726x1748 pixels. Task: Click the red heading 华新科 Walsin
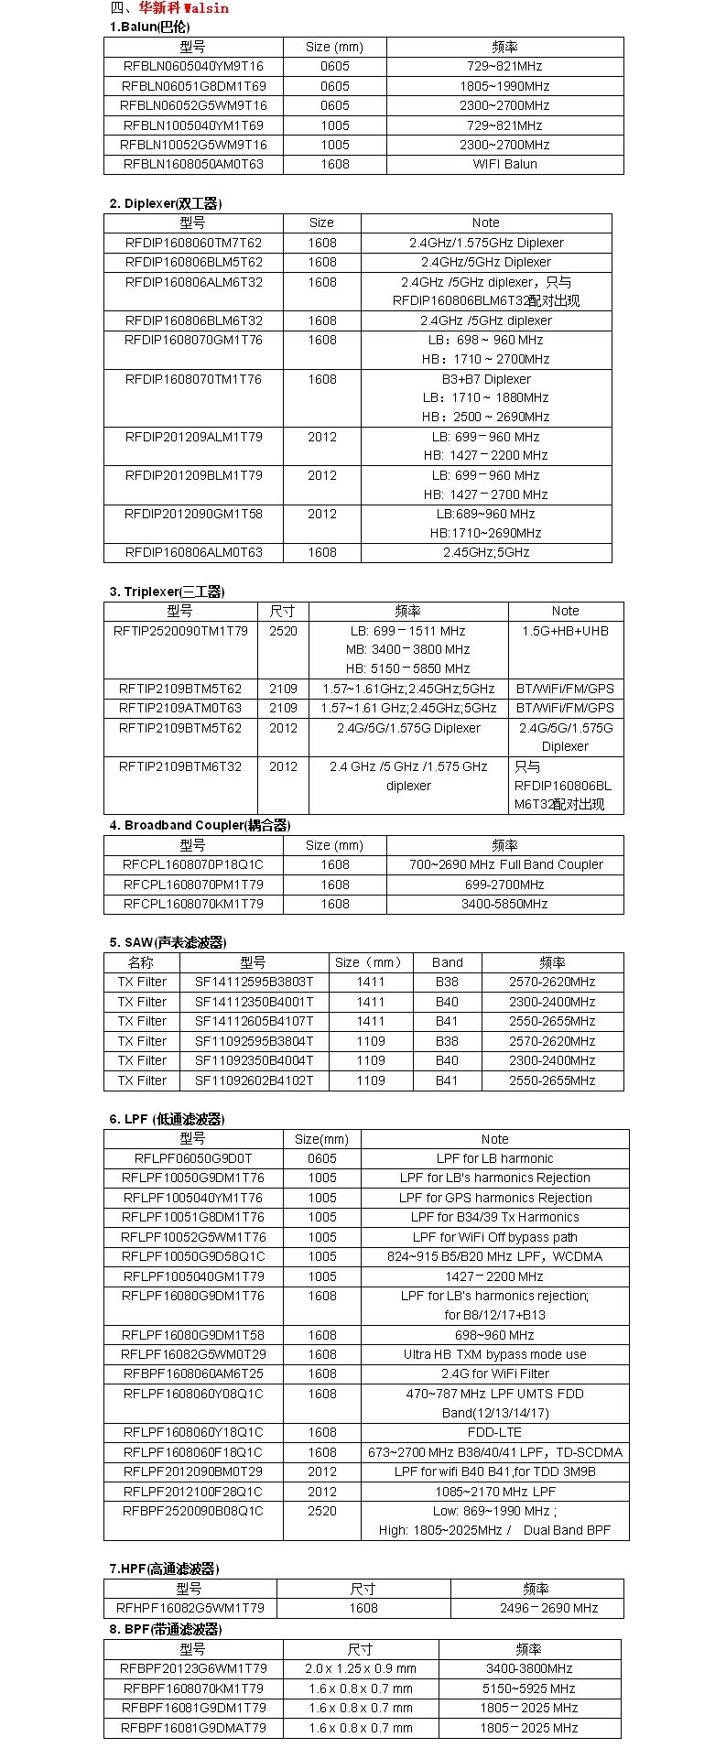click(183, 8)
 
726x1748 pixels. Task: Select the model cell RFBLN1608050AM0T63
click(193, 164)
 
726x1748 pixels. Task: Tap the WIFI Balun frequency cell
click(504, 164)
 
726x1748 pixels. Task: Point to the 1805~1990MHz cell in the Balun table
click(504, 86)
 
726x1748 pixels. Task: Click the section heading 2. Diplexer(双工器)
click(166, 203)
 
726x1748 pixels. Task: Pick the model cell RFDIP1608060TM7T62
click(193, 243)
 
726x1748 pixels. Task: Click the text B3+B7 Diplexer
click(485, 379)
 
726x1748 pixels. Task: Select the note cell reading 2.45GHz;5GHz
click(485, 552)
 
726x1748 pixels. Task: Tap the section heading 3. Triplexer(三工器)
click(168, 592)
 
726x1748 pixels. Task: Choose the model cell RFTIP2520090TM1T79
click(180, 631)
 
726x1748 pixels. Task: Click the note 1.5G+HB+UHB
click(565, 631)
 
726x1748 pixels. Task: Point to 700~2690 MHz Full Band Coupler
click(505, 864)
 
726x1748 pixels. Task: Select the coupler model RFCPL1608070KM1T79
click(193, 904)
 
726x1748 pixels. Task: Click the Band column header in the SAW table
click(447, 962)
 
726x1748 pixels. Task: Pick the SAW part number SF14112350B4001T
click(254, 1002)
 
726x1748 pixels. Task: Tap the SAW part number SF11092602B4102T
click(254, 1080)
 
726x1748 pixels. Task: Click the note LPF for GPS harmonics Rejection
click(494, 1198)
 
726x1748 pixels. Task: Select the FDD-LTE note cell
click(494, 1432)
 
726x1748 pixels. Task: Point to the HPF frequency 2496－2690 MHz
click(536, 1608)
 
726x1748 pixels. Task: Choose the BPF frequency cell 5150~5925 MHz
click(528, 1688)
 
